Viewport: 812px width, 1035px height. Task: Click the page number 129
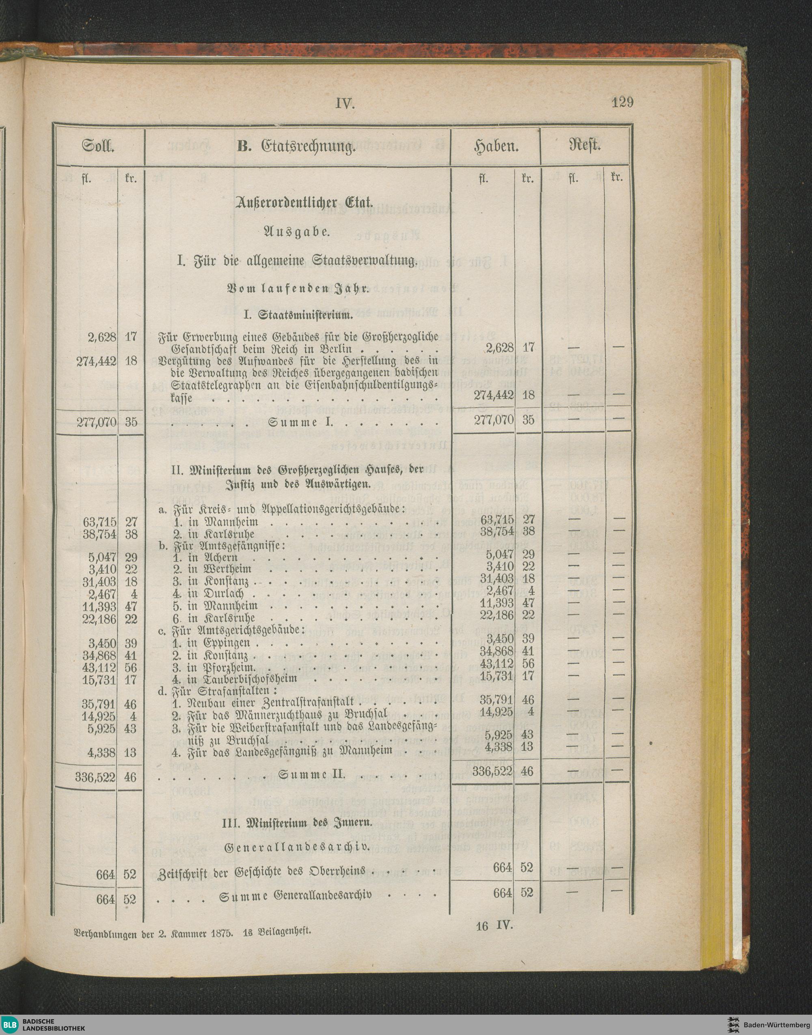622,103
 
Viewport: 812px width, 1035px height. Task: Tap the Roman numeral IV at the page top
346,104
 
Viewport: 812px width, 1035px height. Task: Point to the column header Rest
586,146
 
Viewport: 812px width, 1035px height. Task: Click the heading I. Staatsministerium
298,315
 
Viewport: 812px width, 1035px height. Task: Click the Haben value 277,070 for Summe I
494,420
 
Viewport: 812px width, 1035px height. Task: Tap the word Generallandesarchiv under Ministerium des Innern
297,847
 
